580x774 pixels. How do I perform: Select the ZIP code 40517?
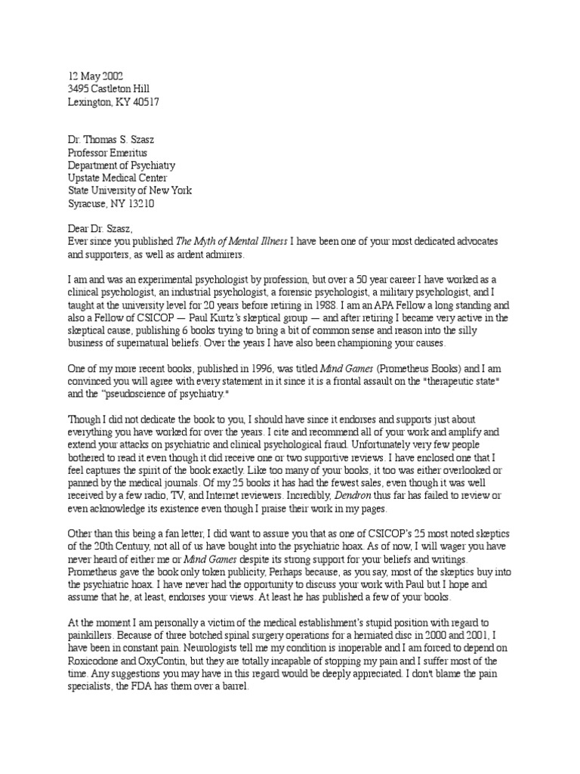click(144, 102)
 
